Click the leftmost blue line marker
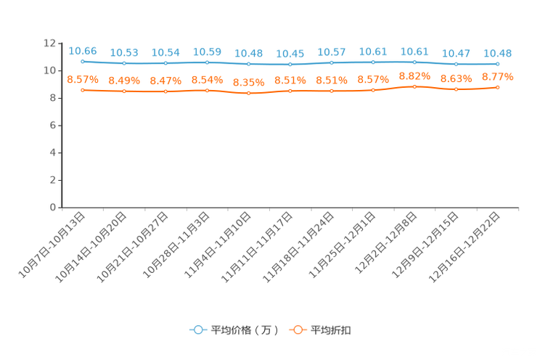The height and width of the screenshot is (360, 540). [83, 62]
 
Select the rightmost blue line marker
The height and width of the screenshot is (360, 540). [497, 64]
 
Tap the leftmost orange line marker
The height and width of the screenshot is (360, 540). [83, 90]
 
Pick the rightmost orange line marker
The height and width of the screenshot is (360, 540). [497, 87]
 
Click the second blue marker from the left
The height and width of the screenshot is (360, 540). [124, 64]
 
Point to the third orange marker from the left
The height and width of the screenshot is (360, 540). [165, 92]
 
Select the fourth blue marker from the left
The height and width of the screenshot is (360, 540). [207, 63]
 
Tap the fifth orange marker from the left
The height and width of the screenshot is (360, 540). [248, 94]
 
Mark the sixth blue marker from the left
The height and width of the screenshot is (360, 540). [290, 65]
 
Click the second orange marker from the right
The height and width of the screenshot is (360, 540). [456, 89]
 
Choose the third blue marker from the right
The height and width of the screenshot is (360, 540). [414, 62]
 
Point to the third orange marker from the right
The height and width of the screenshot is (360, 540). [414, 86]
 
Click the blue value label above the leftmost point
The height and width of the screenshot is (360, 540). [83, 50]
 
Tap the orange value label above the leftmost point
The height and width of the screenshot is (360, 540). [83, 78]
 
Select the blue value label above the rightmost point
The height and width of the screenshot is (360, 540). [497, 52]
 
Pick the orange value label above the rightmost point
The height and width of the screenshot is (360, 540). [497, 75]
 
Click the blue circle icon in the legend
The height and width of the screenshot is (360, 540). [197, 330]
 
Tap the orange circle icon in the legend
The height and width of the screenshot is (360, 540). [297, 330]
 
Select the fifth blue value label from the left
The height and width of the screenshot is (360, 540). [248, 53]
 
